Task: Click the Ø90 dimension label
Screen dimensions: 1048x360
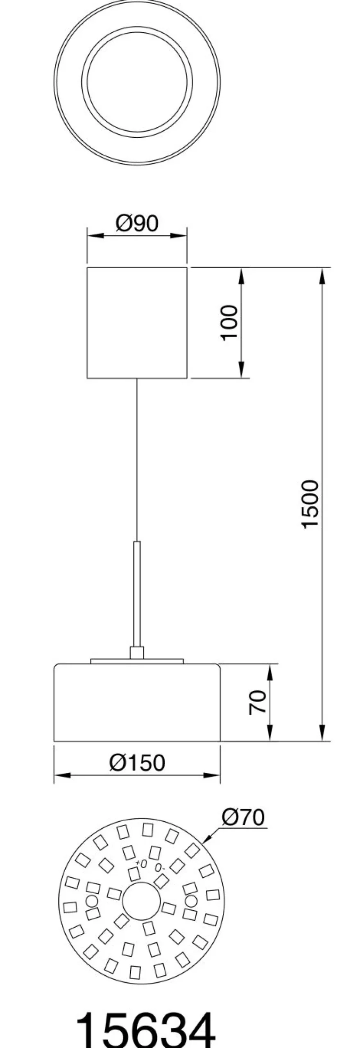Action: [x=137, y=224]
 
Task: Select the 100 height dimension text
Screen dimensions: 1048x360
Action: [x=229, y=322]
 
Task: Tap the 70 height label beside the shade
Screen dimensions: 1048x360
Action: [x=258, y=702]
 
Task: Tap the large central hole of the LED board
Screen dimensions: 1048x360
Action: [x=141, y=901]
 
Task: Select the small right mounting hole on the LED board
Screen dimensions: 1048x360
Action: [x=191, y=901]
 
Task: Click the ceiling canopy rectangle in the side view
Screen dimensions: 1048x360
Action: [x=137, y=323]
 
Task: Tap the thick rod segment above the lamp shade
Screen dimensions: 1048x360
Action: [x=137, y=594]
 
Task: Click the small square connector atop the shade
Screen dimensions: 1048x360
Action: [x=137, y=653]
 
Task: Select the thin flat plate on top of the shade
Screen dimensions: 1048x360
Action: [x=137, y=661]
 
